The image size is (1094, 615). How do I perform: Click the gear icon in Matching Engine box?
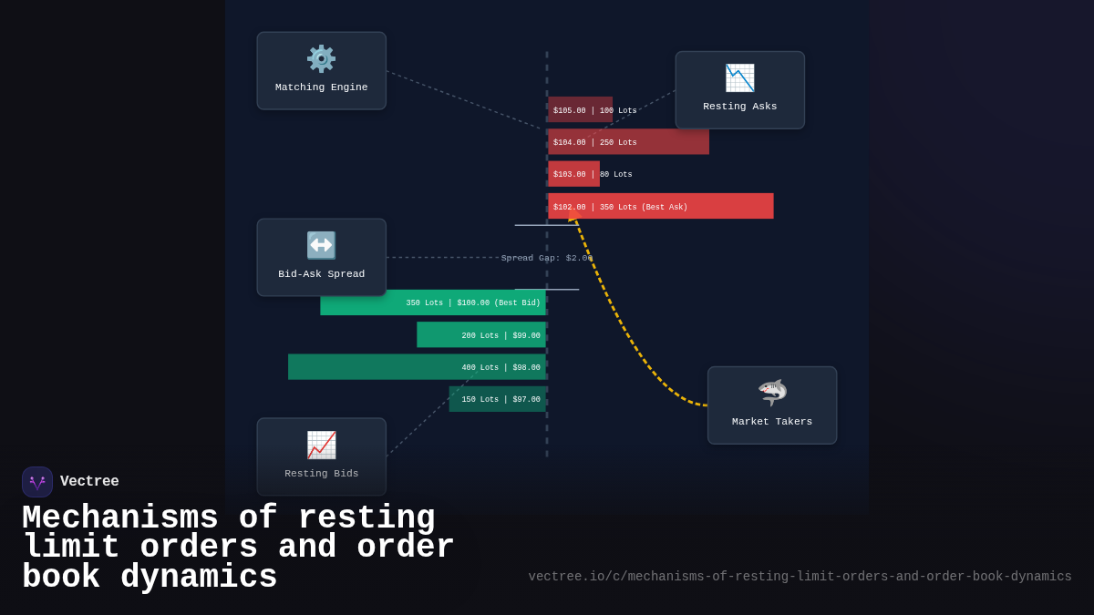tap(321, 58)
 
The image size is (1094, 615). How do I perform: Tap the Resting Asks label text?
tap(739, 107)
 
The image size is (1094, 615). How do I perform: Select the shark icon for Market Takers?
tap(772, 393)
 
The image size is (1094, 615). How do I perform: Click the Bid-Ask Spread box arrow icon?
tap(321, 245)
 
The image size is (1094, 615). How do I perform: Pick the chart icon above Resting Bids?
tap(321, 445)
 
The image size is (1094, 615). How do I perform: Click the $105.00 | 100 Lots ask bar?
tap(580, 110)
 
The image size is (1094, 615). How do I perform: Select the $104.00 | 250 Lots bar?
tap(628, 142)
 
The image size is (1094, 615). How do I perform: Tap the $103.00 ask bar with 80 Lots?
tap(573, 174)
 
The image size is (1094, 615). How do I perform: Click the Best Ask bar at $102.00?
tap(660, 207)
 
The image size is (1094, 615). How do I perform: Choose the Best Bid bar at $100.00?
tap(433, 302)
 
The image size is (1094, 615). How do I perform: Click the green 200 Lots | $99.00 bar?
tap(481, 335)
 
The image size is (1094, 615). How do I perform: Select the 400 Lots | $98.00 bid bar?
tap(417, 367)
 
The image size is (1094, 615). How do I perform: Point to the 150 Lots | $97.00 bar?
tap(498, 399)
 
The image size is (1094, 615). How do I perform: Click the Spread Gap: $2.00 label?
tap(546, 258)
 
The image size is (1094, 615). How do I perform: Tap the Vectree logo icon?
tap(37, 482)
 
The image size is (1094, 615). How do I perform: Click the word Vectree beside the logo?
tap(89, 482)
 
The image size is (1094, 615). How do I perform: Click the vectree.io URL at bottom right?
tap(800, 577)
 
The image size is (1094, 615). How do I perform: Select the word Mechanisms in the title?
tap(119, 518)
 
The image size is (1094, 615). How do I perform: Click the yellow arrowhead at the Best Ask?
tap(573, 218)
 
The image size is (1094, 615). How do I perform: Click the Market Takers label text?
tap(771, 422)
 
